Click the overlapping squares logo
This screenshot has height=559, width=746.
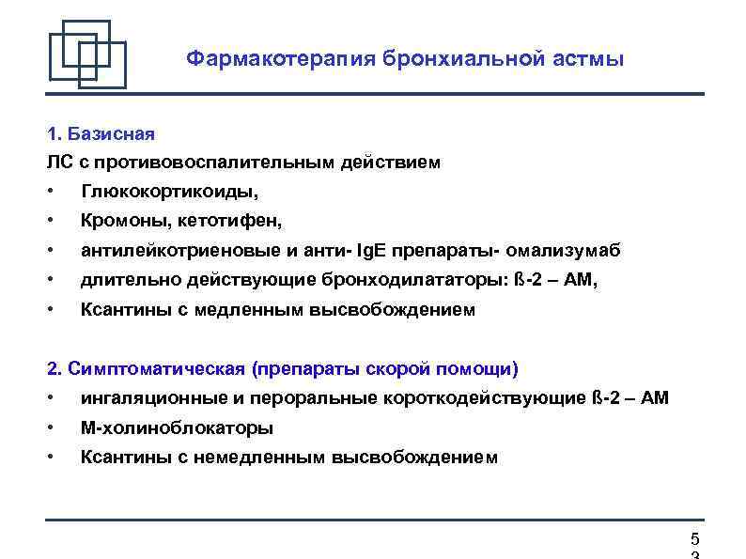coord(87,54)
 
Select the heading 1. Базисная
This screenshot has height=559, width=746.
coord(101,133)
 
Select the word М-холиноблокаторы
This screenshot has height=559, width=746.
coord(177,427)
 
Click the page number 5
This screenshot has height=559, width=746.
coord(694,539)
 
